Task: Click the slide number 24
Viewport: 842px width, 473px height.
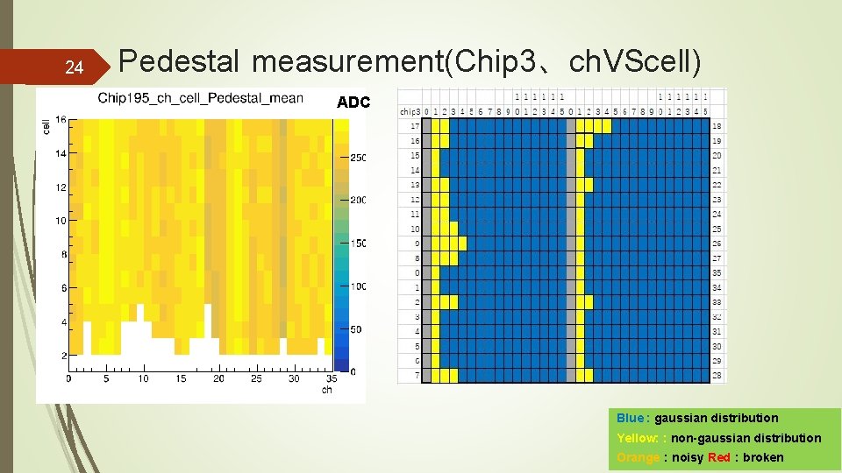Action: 75,67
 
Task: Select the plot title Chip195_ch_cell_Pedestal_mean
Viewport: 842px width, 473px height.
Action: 200,98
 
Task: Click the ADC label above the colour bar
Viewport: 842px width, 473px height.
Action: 353,102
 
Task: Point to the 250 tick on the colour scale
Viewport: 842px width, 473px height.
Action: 358,158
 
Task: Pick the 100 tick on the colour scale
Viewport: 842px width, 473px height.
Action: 358,286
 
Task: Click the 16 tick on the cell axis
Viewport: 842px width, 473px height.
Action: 61,120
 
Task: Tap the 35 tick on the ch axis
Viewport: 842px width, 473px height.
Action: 331,378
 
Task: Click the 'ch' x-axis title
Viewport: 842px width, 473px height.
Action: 326,390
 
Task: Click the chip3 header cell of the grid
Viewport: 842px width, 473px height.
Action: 410,111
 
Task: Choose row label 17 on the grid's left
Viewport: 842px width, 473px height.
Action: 415,126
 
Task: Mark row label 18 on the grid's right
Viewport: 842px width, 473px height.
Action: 717,126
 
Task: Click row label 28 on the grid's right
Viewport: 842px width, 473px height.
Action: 717,376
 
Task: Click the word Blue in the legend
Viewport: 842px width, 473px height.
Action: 630,418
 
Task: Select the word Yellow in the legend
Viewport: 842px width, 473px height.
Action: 636,438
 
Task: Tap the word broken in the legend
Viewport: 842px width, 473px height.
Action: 763,457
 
